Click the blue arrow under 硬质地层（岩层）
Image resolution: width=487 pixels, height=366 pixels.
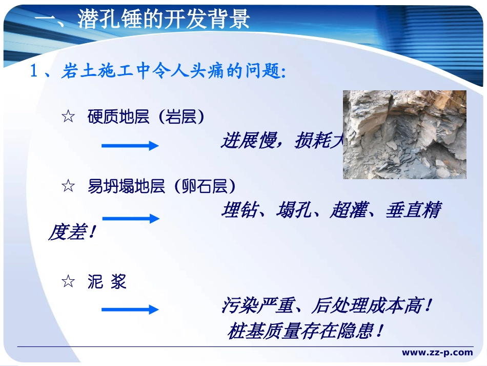coord(130,146)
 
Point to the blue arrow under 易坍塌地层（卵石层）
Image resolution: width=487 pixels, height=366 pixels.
coord(130,219)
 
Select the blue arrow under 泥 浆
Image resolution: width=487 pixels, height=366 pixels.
coord(130,310)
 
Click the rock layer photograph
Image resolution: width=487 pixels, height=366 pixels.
coord(404,134)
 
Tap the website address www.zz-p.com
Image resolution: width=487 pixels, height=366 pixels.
coord(437,352)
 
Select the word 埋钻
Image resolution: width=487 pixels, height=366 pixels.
coord(239,210)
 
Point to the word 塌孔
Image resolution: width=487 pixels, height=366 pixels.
coord(294,210)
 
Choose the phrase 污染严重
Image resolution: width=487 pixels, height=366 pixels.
coord(257,306)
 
